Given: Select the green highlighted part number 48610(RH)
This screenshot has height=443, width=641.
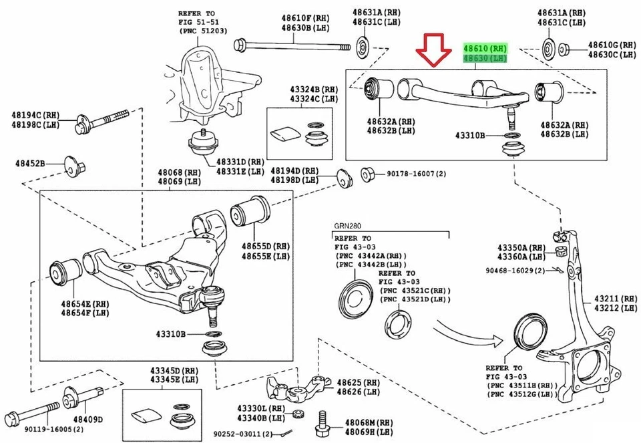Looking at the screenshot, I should pyautogui.click(x=485, y=49).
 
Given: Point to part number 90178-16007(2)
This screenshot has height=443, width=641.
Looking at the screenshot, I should pyautogui.click(x=417, y=174).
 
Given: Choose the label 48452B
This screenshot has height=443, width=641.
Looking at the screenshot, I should pyautogui.click(x=30, y=162).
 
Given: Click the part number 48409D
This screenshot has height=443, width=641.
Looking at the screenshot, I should pyautogui.click(x=87, y=420).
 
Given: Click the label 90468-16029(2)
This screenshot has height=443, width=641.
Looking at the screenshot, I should pyautogui.click(x=514, y=271).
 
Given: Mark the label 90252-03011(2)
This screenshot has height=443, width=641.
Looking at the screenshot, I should pyautogui.click(x=238, y=434).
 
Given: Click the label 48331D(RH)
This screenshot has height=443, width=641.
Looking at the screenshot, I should pyautogui.click(x=240, y=162).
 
